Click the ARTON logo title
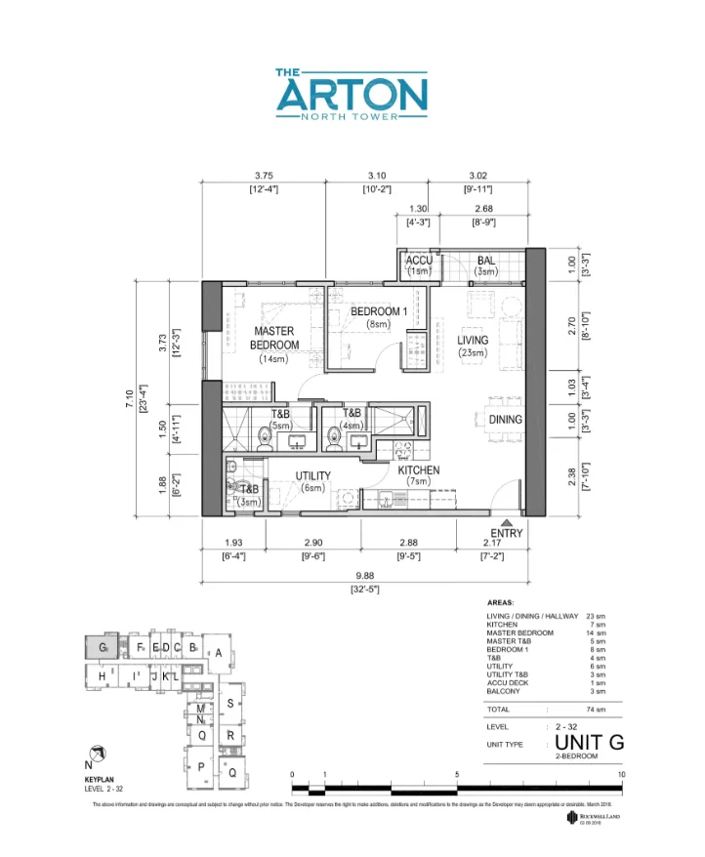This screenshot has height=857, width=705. (352, 95)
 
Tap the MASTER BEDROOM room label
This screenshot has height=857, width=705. (274, 339)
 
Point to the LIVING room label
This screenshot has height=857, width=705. (473, 341)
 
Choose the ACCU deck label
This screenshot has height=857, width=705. (419, 261)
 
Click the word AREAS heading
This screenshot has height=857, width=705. (500, 603)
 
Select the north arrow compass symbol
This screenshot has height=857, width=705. (97, 752)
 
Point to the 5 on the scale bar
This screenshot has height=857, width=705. (457, 775)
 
